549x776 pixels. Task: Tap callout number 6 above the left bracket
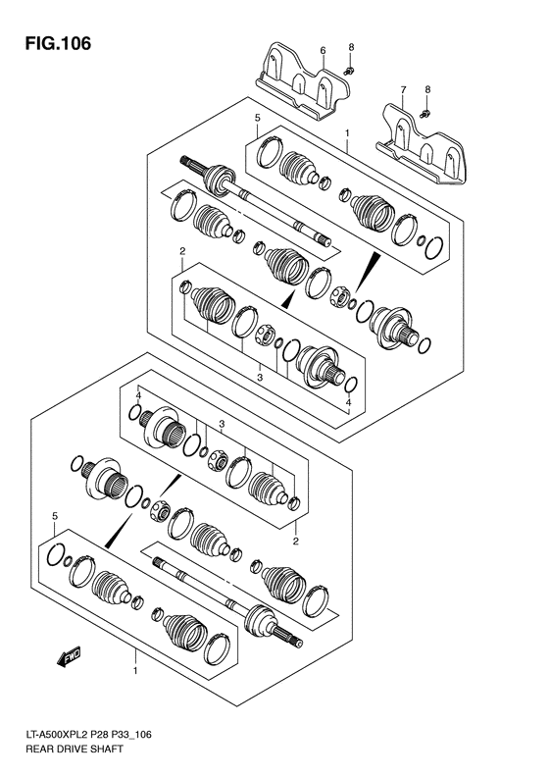coord(322,48)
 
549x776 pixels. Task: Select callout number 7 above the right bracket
coord(402,90)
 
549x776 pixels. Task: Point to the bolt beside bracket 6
coord(350,70)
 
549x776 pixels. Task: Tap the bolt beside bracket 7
coord(424,114)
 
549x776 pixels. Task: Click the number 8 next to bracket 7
coord(427,90)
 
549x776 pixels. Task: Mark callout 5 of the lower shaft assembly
coord(55,515)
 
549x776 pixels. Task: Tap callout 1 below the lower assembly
coord(135,671)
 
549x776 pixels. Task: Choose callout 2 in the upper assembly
coord(182,252)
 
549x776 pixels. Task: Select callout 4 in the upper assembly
coord(349,402)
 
